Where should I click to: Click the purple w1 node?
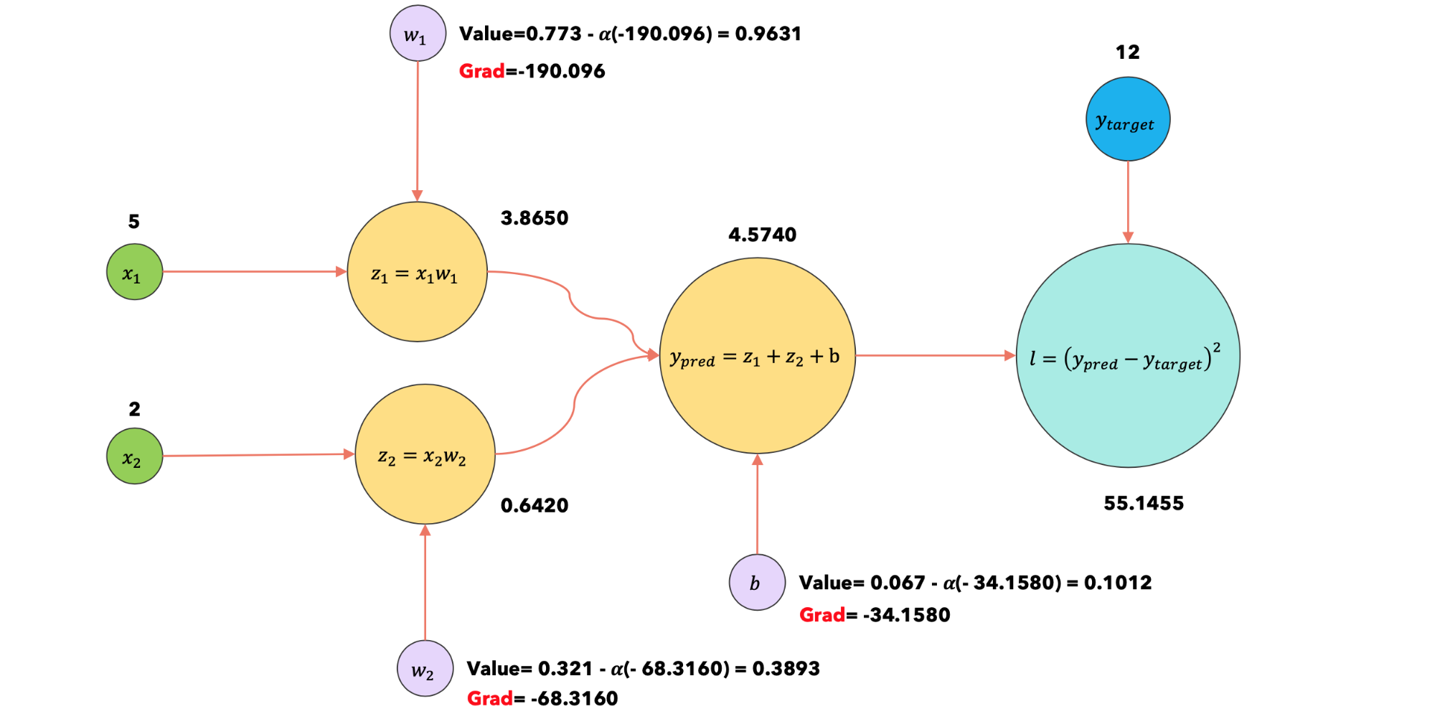point(418,34)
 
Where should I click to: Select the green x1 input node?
point(134,272)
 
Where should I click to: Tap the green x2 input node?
point(134,456)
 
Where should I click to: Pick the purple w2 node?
point(425,669)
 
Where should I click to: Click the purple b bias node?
point(757,583)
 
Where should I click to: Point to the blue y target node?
point(1127,119)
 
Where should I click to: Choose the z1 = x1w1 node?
point(417,272)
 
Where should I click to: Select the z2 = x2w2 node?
point(425,454)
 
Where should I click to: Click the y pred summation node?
point(757,356)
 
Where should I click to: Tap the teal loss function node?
point(1128,356)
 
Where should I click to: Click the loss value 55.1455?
point(1144,503)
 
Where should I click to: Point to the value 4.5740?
point(762,235)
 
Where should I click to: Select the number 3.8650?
point(535,218)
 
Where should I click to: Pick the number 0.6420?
point(535,505)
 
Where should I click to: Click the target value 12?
point(1127,52)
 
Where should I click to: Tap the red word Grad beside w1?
point(481,71)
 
